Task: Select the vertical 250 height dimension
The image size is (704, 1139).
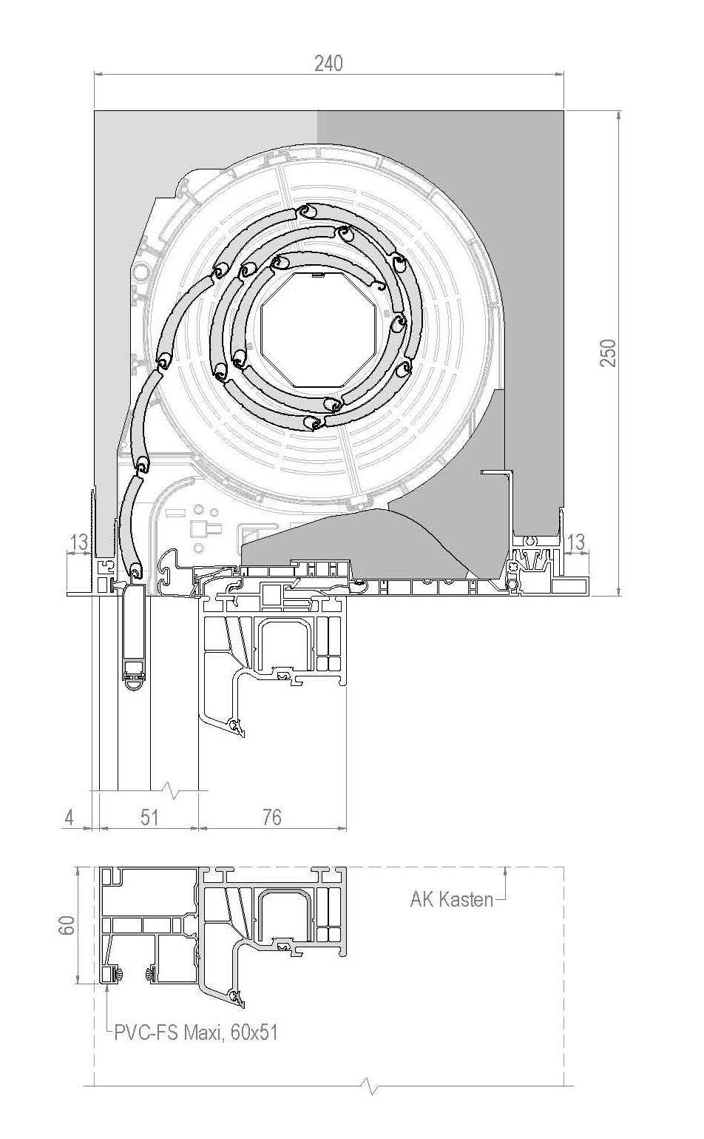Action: (608, 352)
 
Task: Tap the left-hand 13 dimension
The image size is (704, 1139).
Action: (78, 542)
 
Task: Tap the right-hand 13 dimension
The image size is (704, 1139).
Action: (575, 542)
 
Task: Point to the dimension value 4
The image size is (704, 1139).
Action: (70, 817)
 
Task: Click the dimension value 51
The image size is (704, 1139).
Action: (149, 817)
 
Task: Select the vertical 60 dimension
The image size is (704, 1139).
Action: (67, 925)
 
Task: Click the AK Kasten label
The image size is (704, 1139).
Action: (452, 899)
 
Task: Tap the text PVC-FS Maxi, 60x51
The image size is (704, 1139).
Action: (196, 1032)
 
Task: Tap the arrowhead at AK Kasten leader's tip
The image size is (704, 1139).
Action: (504, 870)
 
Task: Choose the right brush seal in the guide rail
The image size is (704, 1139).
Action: (151, 972)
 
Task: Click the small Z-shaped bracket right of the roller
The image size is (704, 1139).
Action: (495, 473)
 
